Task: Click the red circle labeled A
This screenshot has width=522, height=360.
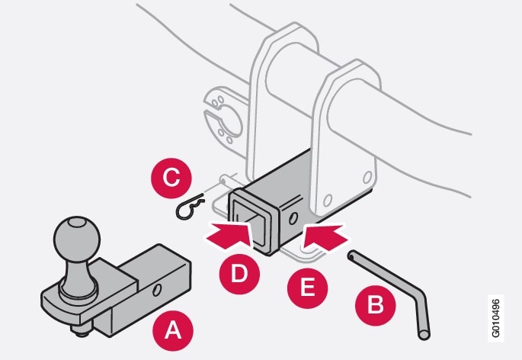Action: [x=174, y=330]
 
